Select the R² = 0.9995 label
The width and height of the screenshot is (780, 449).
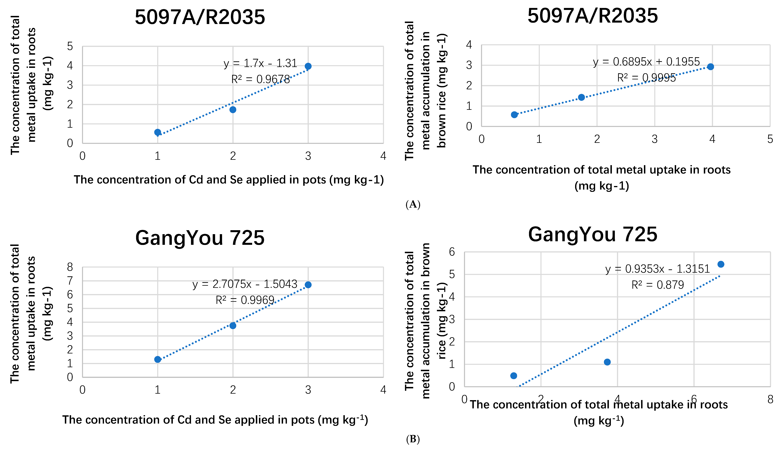[646, 78]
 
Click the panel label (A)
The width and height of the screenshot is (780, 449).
[413, 204]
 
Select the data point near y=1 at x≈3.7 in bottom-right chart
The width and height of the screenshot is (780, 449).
[607, 362]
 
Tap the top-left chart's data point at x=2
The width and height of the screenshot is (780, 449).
[233, 110]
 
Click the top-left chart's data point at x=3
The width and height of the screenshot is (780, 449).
[308, 66]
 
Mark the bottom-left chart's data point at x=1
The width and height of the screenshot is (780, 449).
[158, 359]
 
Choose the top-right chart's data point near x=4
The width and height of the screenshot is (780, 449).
[710, 67]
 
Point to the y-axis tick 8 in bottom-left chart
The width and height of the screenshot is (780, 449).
[70, 267]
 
